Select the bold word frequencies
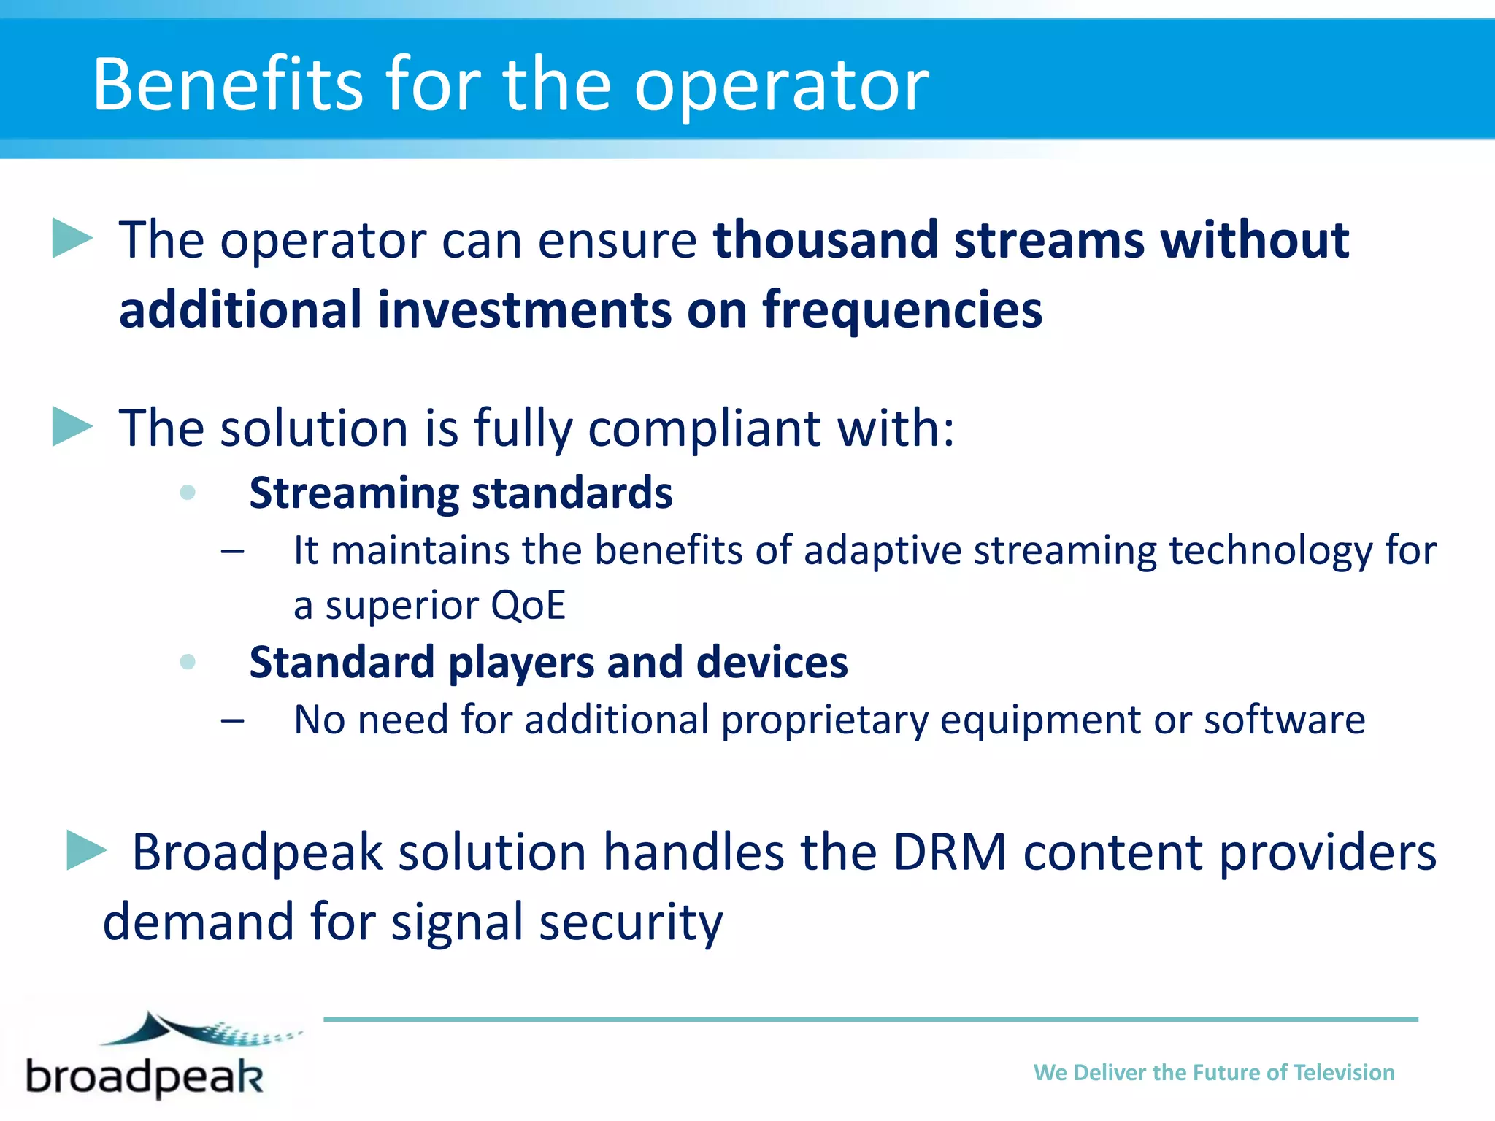pos(902,310)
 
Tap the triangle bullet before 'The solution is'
pos(72,427)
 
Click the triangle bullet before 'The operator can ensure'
pos(72,239)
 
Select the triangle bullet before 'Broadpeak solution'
pos(86,850)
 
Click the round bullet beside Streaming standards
pos(188,493)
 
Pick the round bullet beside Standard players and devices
pos(188,662)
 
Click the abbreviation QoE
pos(529,605)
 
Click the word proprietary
pos(824,720)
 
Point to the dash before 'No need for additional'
pos(232,721)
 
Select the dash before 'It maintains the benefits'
pos(232,551)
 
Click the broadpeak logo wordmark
pos(145,1076)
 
